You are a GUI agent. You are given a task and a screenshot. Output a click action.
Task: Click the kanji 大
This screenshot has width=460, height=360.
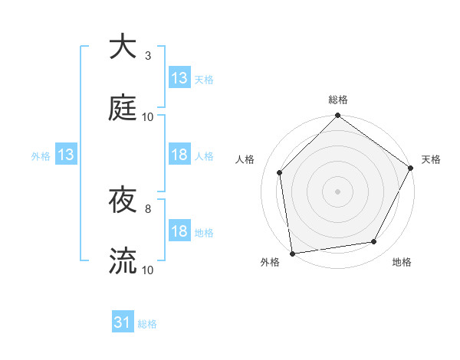pos(123,47)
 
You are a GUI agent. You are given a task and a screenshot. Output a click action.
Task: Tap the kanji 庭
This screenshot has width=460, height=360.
pos(123,107)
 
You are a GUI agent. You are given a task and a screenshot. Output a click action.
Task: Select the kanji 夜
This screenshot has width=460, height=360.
pos(123,200)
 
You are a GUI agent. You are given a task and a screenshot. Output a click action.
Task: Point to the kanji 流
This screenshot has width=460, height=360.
pos(123,260)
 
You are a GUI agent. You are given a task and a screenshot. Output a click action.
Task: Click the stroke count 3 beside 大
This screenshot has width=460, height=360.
pos(147,56)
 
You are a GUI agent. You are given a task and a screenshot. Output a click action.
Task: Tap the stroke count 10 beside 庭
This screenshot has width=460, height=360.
pos(147,116)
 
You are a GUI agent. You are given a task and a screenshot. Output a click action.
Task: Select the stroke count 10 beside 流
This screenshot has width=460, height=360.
pos(147,270)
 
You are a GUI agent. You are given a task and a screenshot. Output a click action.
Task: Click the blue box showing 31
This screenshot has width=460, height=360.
pos(123,323)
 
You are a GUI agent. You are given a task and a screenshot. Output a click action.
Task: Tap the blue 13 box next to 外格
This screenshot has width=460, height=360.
pos(66,155)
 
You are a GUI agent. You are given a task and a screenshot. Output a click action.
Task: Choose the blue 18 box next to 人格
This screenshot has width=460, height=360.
pos(179,155)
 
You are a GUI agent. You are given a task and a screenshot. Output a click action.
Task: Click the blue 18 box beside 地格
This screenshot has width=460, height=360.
pos(179,232)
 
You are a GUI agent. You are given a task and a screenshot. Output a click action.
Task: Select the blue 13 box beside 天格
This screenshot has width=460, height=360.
pos(179,78)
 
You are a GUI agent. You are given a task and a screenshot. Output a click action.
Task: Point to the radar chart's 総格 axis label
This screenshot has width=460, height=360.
pos(338,100)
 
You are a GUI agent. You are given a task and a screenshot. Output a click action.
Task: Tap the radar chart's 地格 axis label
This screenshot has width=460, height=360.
pos(402,262)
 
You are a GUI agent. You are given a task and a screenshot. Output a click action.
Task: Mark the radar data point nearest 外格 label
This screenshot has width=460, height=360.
pos(292,253)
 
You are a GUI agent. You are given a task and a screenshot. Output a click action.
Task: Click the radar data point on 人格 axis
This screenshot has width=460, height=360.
pos(280,172)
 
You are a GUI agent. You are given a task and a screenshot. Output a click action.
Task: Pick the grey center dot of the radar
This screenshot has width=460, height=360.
pos(337,191)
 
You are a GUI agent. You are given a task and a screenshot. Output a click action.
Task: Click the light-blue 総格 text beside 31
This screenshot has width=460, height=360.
pos(147,324)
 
